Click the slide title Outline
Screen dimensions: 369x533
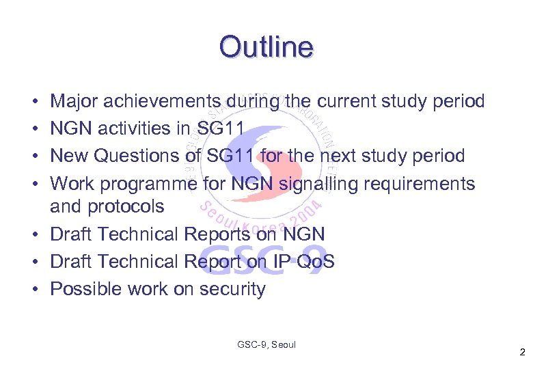pos(266,46)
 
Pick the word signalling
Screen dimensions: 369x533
pos(319,184)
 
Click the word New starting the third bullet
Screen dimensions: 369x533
pos(70,156)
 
